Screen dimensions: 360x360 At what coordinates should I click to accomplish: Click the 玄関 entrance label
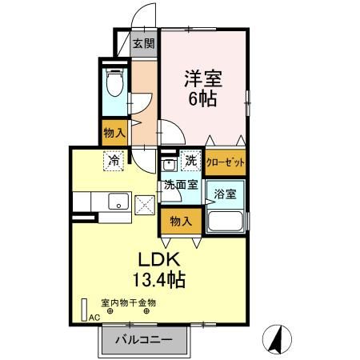coord(144,44)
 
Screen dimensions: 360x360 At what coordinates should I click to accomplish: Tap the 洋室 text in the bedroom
coord(204,80)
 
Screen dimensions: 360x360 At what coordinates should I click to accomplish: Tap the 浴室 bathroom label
coord(225,193)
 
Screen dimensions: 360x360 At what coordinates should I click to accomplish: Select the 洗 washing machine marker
coord(191,160)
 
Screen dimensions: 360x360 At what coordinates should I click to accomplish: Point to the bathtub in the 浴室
coord(226,221)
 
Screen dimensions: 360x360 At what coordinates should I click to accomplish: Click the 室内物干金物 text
coord(128,302)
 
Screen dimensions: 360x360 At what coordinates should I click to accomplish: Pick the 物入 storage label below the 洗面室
coord(180,220)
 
